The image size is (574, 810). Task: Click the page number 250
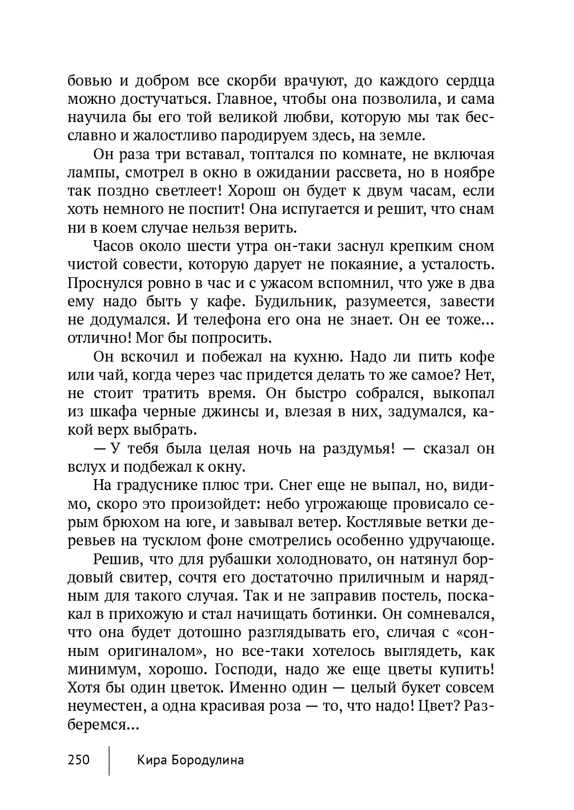(79, 760)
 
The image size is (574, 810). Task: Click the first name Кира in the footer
(150, 760)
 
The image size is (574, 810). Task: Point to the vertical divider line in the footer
(109, 759)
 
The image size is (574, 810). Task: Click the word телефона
(234, 319)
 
